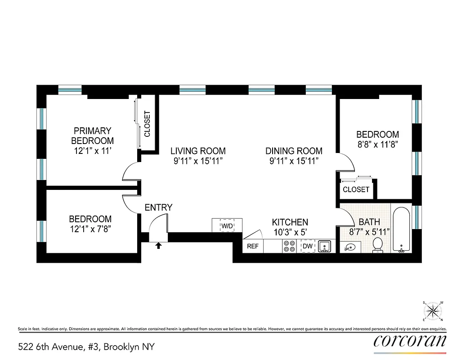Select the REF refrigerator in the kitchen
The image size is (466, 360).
point(252,247)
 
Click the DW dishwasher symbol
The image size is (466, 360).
point(308,246)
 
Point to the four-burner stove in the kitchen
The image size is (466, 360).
point(289,246)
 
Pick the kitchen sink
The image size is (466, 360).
point(325,246)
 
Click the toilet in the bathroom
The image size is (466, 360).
point(378,245)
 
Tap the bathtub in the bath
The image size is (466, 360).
point(400,229)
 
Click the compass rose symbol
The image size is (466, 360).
point(432,310)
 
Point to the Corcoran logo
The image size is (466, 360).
point(410,340)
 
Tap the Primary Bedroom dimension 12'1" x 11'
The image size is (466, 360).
point(92,151)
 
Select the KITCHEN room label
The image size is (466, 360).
point(290,222)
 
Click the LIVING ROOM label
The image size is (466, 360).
point(198,151)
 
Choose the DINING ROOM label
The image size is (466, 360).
point(294,151)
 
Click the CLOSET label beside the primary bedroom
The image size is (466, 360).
point(147,124)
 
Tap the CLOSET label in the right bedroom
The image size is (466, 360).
point(356,189)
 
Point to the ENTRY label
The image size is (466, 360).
point(158,207)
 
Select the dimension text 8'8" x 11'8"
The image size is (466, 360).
point(377,144)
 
